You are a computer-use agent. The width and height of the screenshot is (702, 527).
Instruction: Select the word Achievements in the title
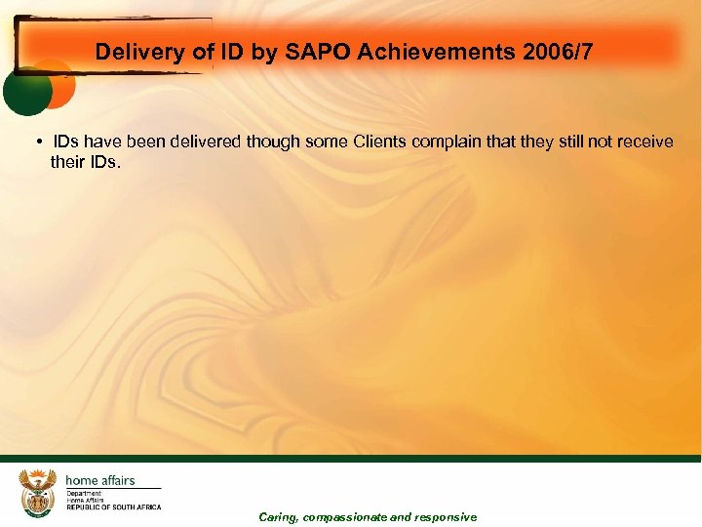(425, 52)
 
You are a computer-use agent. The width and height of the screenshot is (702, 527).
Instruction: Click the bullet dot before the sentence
(35, 142)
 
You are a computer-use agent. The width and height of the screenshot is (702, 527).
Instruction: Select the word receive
(644, 142)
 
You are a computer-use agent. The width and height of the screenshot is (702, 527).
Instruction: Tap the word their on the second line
(68, 161)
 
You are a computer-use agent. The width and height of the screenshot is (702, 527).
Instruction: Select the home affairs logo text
(100, 480)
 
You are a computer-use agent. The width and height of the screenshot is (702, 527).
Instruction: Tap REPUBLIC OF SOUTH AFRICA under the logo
(114, 507)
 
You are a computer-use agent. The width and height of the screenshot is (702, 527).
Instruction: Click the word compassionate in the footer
(345, 517)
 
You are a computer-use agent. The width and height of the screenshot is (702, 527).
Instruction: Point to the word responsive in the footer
(447, 517)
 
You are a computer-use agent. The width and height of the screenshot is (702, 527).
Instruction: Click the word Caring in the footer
(279, 517)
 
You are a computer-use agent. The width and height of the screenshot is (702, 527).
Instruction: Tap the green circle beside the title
(26, 94)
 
